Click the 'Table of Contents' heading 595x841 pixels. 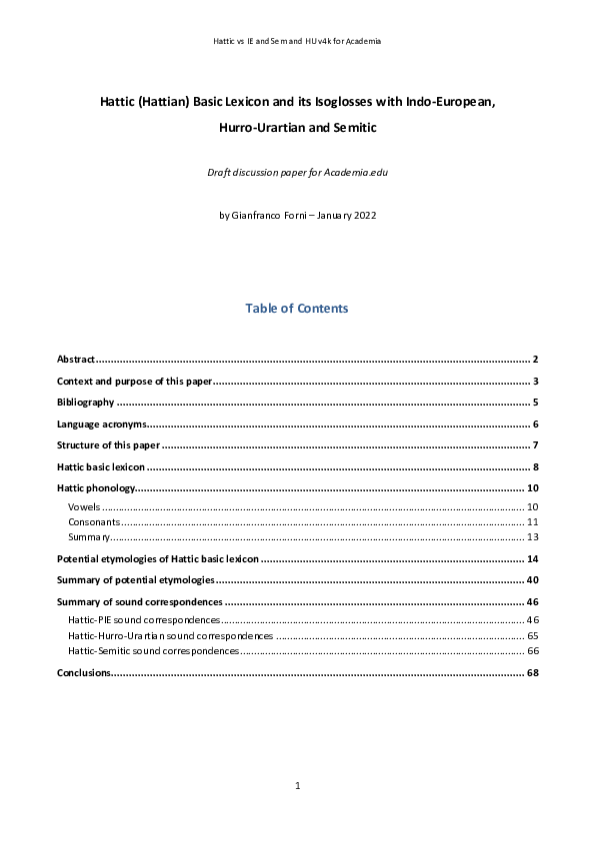point(297,309)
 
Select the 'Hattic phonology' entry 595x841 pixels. point(95,488)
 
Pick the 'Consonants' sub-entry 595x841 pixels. point(94,522)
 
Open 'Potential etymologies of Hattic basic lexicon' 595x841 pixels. point(158,559)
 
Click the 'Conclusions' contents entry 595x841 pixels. point(83,673)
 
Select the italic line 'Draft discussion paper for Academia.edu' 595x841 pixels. point(297,173)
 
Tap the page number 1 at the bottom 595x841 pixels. point(298,787)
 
